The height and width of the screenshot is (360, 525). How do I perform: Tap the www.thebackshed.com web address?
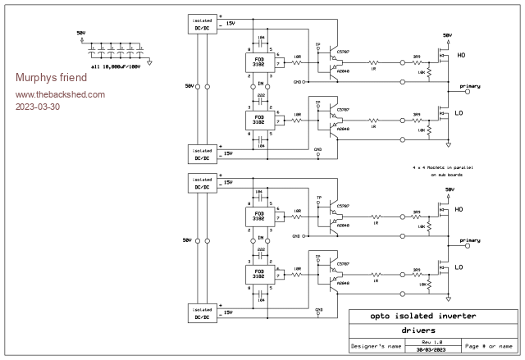pos(60,94)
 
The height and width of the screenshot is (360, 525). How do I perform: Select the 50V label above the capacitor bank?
pos(80,33)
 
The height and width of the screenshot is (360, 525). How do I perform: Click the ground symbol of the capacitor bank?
pos(151,54)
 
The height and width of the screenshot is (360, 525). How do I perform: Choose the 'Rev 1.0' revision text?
pos(431,342)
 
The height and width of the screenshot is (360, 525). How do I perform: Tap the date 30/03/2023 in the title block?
pos(431,351)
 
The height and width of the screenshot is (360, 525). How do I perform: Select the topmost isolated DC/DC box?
pos(201,25)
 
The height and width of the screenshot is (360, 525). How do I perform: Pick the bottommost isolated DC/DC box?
pos(201,313)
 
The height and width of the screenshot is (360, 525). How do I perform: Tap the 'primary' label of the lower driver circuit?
pos(470,241)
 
